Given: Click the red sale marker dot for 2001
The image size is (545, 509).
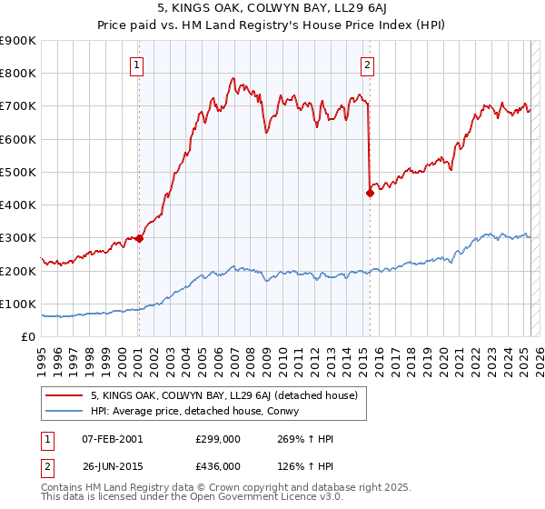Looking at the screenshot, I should click(x=139, y=239).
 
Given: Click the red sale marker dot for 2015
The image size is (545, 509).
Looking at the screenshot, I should click(x=371, y=193).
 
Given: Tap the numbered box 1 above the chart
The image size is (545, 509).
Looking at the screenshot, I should click(x=136, y=65).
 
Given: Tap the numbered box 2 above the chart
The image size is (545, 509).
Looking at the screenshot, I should click(x=368, y=65).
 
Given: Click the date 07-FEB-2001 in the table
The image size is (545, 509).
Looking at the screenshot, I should click(x=113, y=439).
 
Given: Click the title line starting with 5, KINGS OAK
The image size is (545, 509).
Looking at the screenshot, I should click(x=272, y=10).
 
